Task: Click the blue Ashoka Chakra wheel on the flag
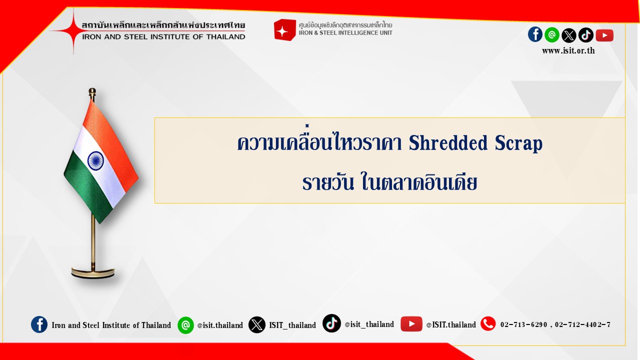point(95,160)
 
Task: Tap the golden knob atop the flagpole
point(92,92)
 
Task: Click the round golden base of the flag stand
point(93,273)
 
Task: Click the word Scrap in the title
point(518,143)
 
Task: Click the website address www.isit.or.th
point(568,51)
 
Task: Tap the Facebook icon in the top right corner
point(535,34)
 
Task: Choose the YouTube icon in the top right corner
point(604,35)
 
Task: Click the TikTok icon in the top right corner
point(586,35)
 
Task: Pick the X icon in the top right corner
point(569,35)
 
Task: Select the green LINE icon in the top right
point(552,35)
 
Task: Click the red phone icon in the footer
point(488,323)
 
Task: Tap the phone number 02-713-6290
point(523,324)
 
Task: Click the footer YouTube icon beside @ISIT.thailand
point(411,323)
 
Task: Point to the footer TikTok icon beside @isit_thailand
point(331,323)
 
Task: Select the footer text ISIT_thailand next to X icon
point(292,325)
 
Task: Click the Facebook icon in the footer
point(39,324)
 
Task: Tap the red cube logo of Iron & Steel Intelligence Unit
point(284,30)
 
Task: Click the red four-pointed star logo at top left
point(73,30)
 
